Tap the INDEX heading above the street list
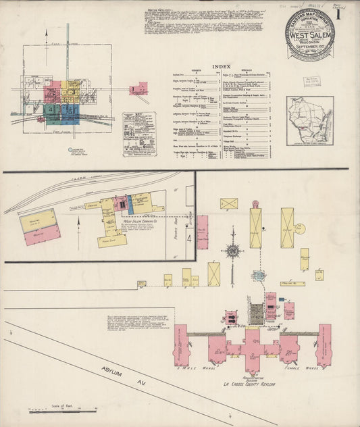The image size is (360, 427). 221,66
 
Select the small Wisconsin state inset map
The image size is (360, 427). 309,120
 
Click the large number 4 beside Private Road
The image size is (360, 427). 190,238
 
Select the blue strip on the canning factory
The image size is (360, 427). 122,203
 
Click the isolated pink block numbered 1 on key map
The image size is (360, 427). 138,88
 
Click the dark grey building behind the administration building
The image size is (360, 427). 257,313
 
